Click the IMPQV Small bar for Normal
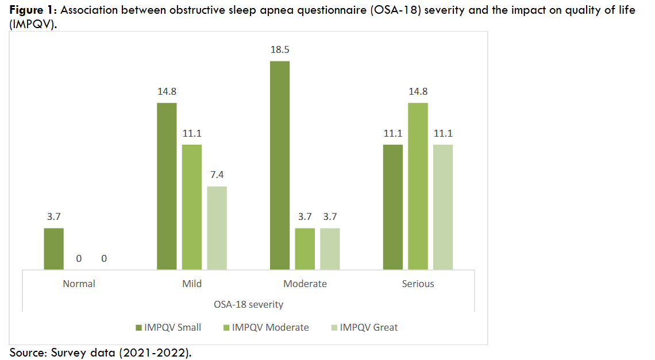point(54,249)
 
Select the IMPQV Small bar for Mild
point(167,186)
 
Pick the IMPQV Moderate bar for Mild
point(192,207)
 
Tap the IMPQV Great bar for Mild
point(217,228)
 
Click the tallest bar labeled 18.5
point(280,165)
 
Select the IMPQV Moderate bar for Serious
point(418,186)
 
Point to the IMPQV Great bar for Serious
point(443,207)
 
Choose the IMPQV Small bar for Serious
point(393,207)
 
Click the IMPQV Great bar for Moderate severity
point(330,249)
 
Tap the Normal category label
point(79,284)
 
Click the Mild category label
point(192,284)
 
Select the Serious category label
point(418,284)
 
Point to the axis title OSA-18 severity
point(249,304)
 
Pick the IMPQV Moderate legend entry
point(265,327)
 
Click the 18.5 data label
point(280,50)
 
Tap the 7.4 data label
point(217,175)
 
